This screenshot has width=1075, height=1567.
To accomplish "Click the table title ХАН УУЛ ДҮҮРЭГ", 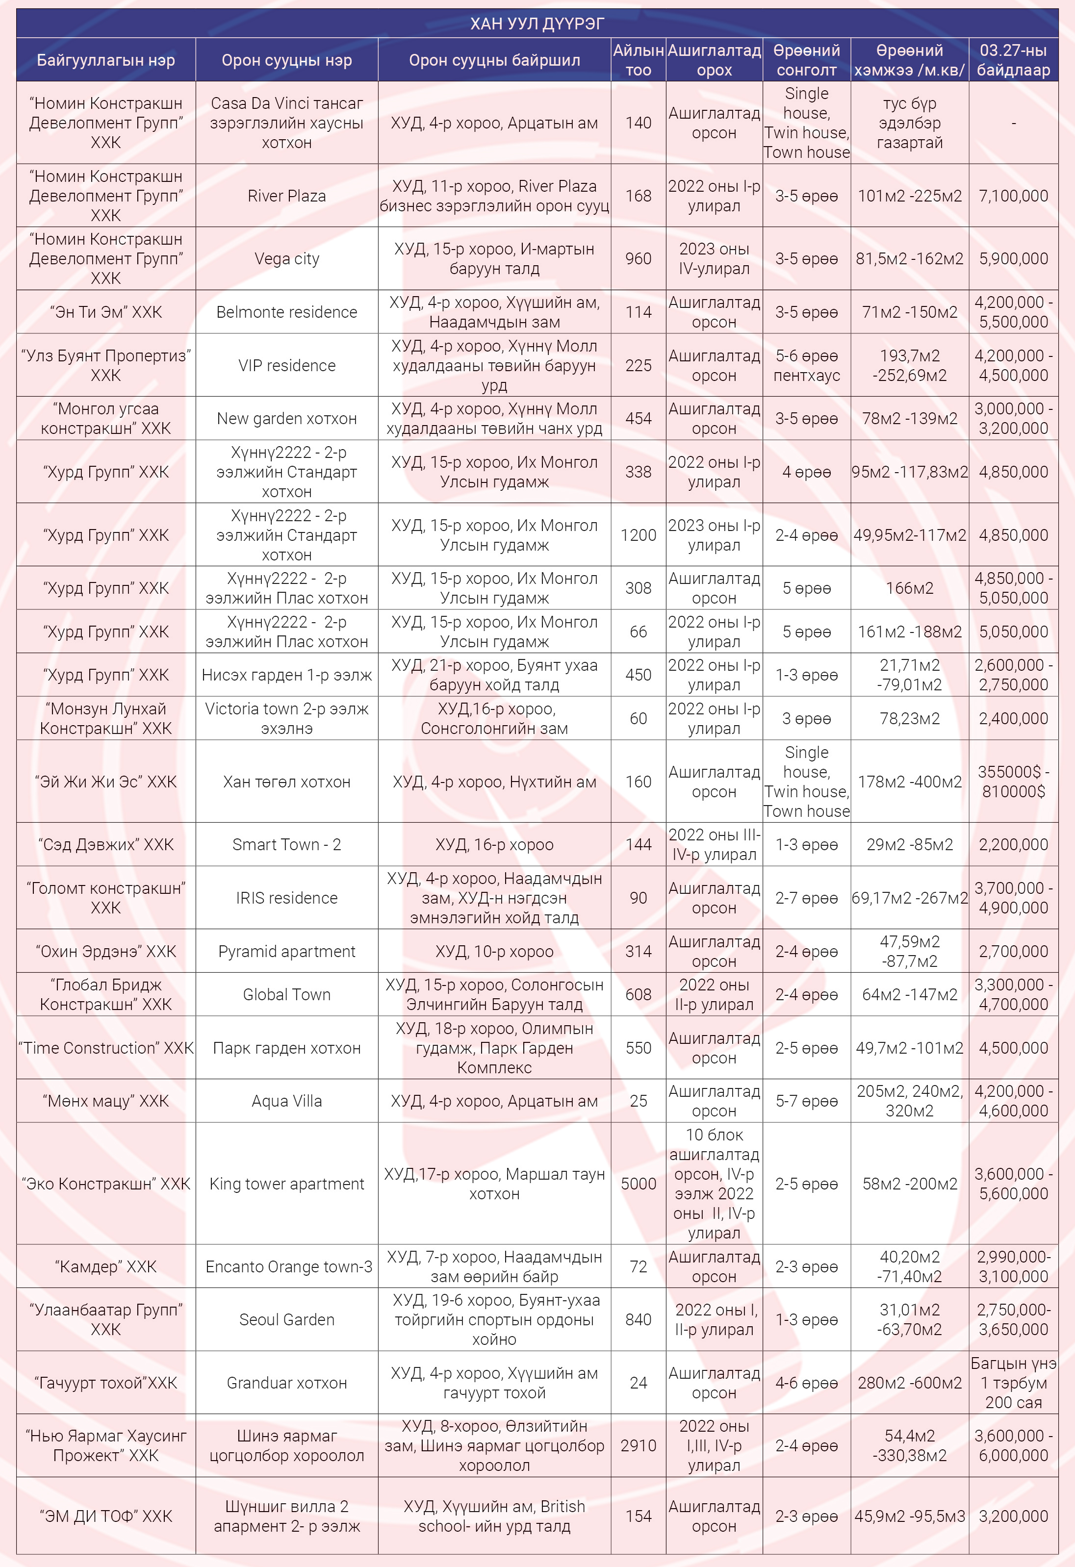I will point(537,24).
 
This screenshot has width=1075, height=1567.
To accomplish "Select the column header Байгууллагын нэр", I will point(106,60).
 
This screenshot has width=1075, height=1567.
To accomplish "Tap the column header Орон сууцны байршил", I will point(494,60).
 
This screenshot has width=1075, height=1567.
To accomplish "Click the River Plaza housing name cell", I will point(286,196).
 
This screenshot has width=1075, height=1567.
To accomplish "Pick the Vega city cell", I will point(286,259).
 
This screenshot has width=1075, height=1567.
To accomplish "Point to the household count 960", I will point(638,259).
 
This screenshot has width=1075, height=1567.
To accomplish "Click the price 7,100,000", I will point(1013,196).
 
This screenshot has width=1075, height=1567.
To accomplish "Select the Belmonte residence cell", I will point(286,312).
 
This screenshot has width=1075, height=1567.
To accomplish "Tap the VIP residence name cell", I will point(286,365).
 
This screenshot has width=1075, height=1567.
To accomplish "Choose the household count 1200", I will point(638,535).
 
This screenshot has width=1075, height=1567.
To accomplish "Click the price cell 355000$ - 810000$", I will point(1013,782).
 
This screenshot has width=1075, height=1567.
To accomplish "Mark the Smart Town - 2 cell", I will point(286,845).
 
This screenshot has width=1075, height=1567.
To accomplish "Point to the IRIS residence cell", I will point(286,898).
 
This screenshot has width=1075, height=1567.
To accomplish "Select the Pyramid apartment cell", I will point(286,951).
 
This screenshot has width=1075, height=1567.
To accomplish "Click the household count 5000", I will point(638,1184).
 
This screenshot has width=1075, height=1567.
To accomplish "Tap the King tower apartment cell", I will point(286,1184).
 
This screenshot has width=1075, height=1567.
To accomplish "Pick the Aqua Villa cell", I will point(286,1101).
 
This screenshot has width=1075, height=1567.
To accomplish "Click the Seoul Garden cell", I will point(286,1319).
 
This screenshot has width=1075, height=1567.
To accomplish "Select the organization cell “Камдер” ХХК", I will point(106,1267).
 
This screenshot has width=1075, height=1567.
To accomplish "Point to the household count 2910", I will point(638,1445).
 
